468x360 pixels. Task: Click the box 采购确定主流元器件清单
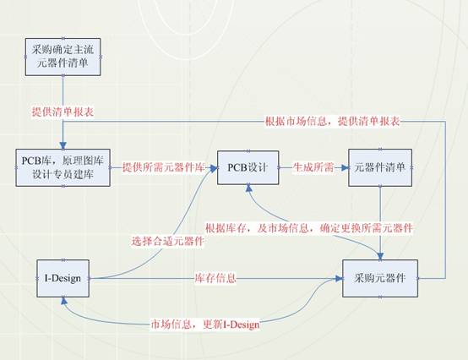63,57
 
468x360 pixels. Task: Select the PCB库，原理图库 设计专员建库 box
63,168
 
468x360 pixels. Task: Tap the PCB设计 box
248,167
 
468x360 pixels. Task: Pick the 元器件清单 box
380,168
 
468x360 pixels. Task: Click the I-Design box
63,278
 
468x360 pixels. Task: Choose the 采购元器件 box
380,278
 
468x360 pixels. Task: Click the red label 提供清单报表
63,112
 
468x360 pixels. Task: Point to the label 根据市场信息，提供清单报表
333,122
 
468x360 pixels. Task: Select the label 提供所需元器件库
164,167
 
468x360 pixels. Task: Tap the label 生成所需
313,167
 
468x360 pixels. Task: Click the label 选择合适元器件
168,241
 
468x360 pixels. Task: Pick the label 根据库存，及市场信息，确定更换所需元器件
309,228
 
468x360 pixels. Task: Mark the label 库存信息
215,278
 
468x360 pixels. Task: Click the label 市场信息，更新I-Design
205,325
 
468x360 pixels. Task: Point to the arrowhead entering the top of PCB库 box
63,145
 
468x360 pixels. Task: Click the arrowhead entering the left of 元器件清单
345,168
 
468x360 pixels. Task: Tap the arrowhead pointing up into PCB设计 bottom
248,188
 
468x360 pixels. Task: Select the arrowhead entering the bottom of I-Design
64,301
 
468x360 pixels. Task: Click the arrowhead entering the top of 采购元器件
380,256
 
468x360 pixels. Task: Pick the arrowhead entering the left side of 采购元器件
339,279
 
